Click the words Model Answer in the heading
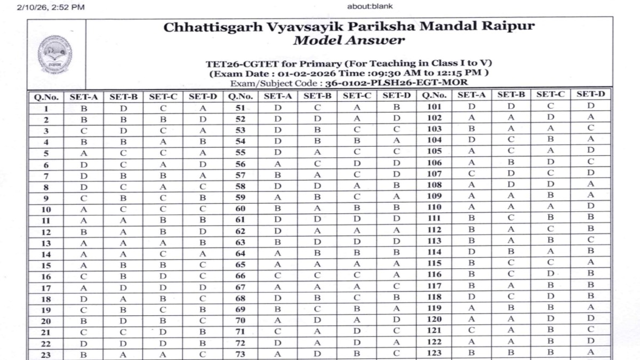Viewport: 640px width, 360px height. point(349,41)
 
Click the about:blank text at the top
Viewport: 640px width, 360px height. point(370,7)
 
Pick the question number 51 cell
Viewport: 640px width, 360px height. point(240,108)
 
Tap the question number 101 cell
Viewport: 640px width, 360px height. point(434,106)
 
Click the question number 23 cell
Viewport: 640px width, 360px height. point(47,354)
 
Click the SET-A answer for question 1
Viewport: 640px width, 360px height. point(84,108)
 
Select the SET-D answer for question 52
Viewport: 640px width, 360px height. point(396,119)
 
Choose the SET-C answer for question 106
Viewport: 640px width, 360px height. point(550,162)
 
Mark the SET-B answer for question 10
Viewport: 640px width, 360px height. point(123,209)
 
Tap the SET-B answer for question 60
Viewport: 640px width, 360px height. point(317,209)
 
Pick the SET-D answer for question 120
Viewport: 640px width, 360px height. point(590,319)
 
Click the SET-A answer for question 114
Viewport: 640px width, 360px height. point(471,252)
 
